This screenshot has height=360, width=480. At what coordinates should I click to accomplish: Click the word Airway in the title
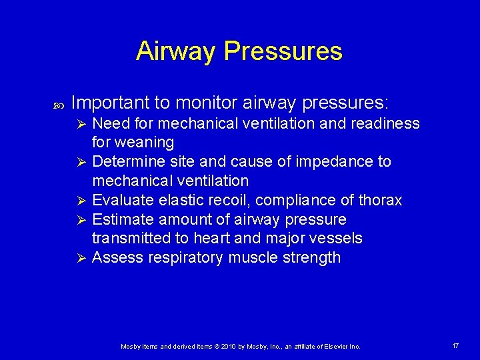(x=176, y=51)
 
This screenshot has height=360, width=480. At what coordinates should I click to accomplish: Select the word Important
(x=111, y=103)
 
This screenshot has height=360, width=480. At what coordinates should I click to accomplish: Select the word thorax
(x=379, y=201)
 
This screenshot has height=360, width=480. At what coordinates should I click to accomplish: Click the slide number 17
(x=455, y=346)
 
